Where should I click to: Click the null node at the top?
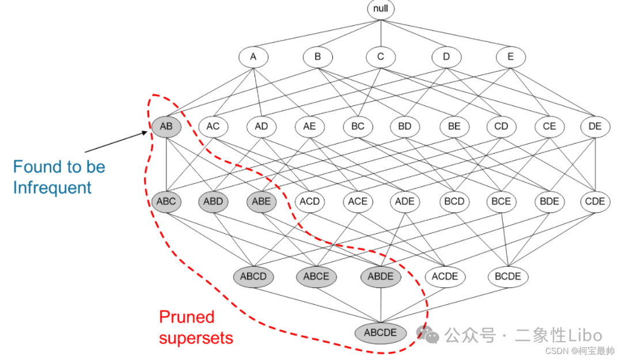tap(381, 10)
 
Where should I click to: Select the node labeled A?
tap(253, 57)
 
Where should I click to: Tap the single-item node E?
tap(510, 57)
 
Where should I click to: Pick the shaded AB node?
tap(166, 126)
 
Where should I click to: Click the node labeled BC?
tap(358, 126)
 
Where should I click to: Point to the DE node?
tap(595, 126)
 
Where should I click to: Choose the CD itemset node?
tap(501, 126)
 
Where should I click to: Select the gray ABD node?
tap(213, 202)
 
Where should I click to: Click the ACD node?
tap(309, 202)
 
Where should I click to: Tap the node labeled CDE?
tap(595, 202)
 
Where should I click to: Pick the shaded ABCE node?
tap(316, 276)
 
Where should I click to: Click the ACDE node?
tap(445, 276)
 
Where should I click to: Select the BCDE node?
tap(507, 276)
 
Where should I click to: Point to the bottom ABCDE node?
tap(380, 332)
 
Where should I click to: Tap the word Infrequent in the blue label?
tap(52, 188)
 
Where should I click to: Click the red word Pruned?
tap(187, 317)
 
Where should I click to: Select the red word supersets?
tap(196, 338)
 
